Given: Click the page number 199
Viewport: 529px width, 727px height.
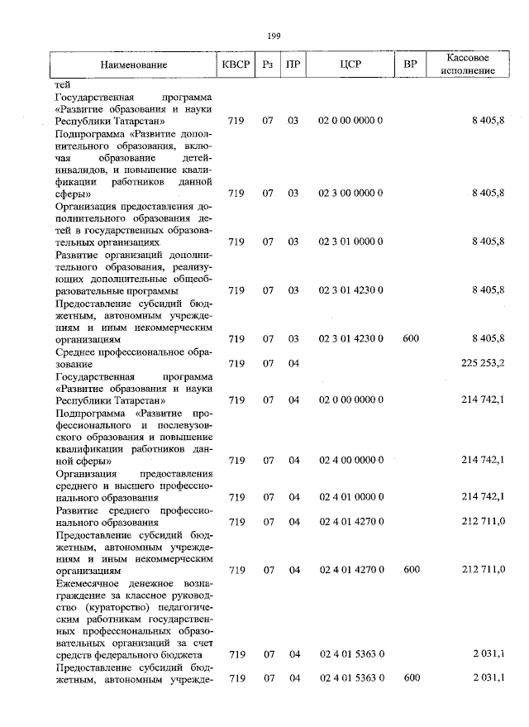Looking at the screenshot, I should [x=274, y=35].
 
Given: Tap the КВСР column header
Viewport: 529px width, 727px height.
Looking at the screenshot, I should [x=236, y=65].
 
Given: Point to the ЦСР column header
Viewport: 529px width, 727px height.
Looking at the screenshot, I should [x=350, y=65].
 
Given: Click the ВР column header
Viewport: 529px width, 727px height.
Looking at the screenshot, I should [x=410, y=65].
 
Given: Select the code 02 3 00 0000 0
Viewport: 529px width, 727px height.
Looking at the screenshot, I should [x=350, y=193].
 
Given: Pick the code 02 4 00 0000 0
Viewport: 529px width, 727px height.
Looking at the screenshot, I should [x=350, y=460].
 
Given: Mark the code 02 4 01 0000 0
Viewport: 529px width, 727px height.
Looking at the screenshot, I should [x=350, y=497].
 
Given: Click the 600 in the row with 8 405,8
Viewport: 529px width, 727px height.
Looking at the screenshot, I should [x=411, y=338].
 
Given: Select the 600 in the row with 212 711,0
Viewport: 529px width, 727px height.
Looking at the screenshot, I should [x=411, y=570].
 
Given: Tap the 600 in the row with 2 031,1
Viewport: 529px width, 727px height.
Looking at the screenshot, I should [x=411, y=678].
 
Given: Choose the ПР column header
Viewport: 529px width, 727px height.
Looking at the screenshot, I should [x=293, y=65].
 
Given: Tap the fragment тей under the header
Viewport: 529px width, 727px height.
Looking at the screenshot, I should [x=62, y=84].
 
